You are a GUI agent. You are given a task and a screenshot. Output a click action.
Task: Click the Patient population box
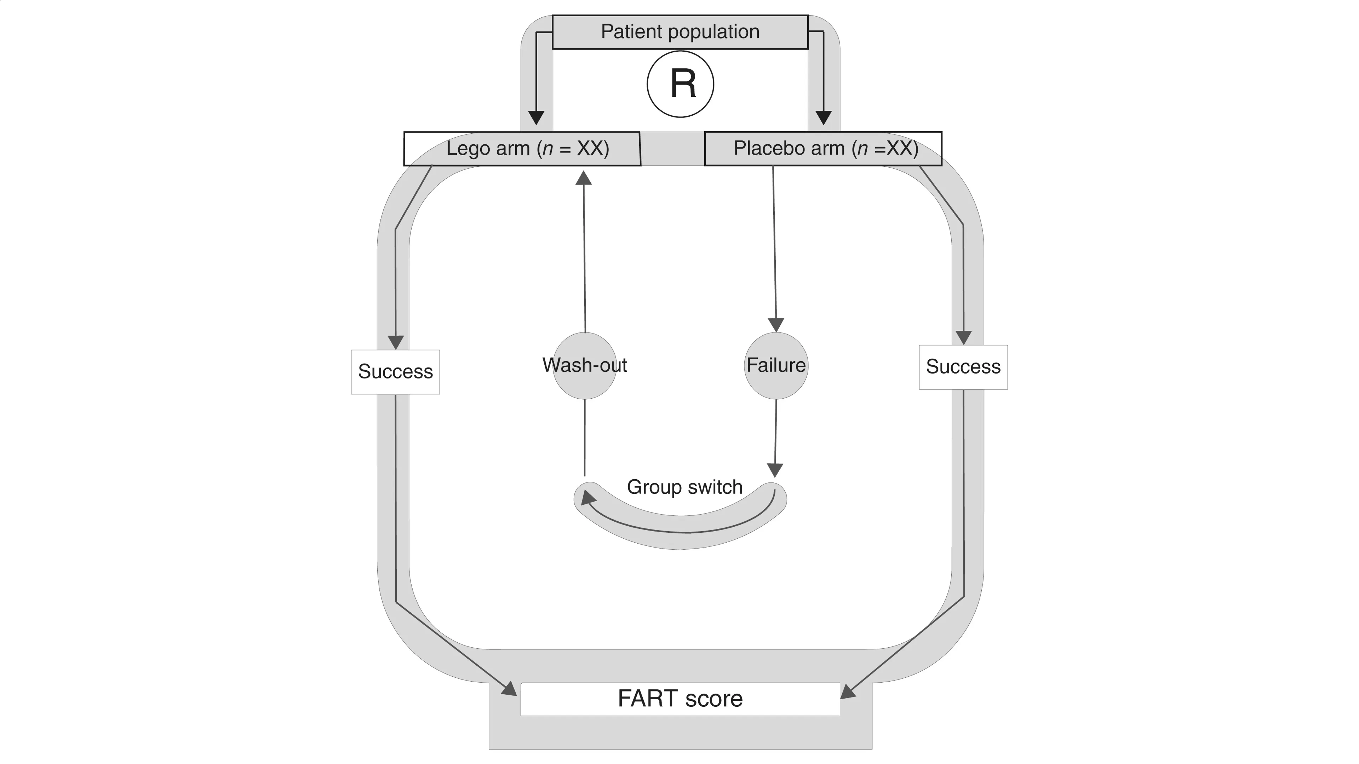click(x=680, y=32)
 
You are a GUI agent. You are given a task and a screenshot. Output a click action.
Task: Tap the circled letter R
click(x=681, y=84)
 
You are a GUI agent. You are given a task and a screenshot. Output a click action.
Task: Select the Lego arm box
click(x=522, y=149)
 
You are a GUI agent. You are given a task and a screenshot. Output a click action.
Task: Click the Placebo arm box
click(x=823, y=149)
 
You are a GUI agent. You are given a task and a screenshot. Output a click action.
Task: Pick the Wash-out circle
click(x=585, y=365)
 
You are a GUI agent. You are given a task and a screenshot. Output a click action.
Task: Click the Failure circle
click(x=776, y=365)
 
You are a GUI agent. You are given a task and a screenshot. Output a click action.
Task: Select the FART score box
click(x=680, y=699)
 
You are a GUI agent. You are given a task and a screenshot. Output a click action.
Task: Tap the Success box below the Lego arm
click(x=395, y=372)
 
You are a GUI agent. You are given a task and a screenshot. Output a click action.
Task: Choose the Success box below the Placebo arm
click(x=963, y=367)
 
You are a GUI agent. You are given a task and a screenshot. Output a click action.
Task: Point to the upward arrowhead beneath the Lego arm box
click(x=584, y=178)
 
